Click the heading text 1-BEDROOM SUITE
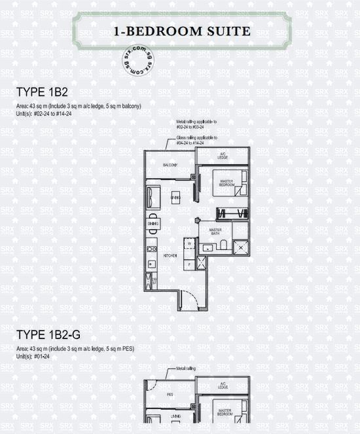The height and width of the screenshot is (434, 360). [x=181, y=30]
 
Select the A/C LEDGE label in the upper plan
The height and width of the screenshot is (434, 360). [x=223, y=157]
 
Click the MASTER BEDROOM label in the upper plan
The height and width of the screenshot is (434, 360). [x=226, y=183]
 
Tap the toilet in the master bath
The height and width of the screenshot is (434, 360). [x=223, y=245]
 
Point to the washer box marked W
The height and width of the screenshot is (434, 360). [x=189, y=244]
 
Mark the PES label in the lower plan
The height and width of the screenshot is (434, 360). [x=170, y=395]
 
